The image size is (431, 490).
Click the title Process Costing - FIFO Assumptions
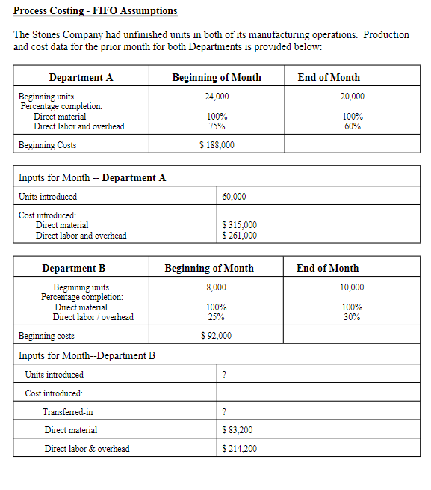(x=96, y=11)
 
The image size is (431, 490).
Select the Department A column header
(x=81, y=77)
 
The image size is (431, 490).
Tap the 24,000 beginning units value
(x=217, y=97)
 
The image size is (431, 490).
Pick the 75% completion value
(x=217, y=126)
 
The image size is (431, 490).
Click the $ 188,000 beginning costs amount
(x=217, y=145)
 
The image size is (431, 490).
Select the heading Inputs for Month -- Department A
(x=92, y=177)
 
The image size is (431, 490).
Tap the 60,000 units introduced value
(x=235, y=197)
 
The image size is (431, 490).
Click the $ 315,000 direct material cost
(x=240, y=225)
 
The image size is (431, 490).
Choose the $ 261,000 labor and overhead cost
(x=240, y=236)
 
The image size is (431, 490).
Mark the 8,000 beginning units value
(x=217, y=287)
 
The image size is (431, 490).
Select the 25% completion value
(x=217, y=317)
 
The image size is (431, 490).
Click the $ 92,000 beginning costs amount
(x=217, y=336)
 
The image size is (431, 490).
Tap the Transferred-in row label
(x=68, y=411)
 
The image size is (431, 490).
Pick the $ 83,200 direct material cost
(x=238, y=430)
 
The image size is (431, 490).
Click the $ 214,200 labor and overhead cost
(x=240, y=449)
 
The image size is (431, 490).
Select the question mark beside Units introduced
(x=224, y=375)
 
